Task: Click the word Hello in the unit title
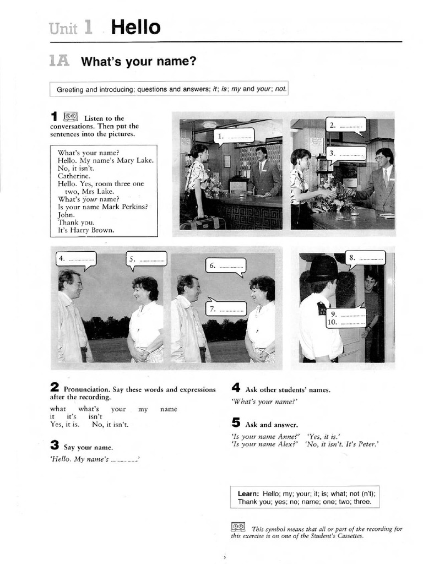coord(135,27)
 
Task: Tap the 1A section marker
coord(59,61)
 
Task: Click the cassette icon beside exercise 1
coord(70,116)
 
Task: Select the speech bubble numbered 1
coord(234,135)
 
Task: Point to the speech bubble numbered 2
coord(346,125)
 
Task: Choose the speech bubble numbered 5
coord(147,259)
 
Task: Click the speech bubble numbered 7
coord(226,308)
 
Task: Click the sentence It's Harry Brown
coord(86,230)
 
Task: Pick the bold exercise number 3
coord(54,446)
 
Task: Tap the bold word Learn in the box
coord(249,493)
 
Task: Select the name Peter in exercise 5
coord(367,444)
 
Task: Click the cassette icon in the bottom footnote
coord(238,527)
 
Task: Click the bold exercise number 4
coord(236,388)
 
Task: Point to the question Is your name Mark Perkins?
coord(103,207)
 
